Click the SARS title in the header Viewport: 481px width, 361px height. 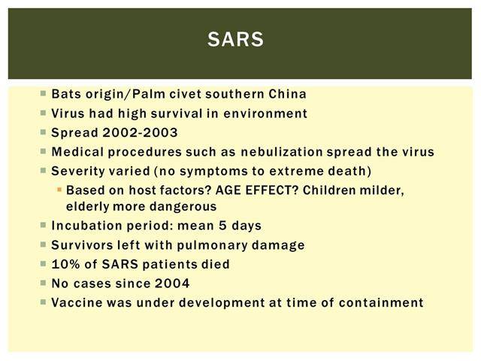(x=235, y=39)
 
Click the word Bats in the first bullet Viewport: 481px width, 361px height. (x=67, y=94)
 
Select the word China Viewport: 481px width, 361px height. (x=287, y=94)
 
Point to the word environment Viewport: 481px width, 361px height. (x=265, y=114)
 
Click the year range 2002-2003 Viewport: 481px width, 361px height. (x=141, y=132)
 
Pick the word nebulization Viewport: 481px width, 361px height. (x=282, y=152)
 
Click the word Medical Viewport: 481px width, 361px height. (x=77, y=152)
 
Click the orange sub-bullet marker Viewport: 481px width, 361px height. (x=59, y=190)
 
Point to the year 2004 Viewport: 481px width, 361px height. (x=172, y=284)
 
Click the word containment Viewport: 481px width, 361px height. (x=381, y=302)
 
